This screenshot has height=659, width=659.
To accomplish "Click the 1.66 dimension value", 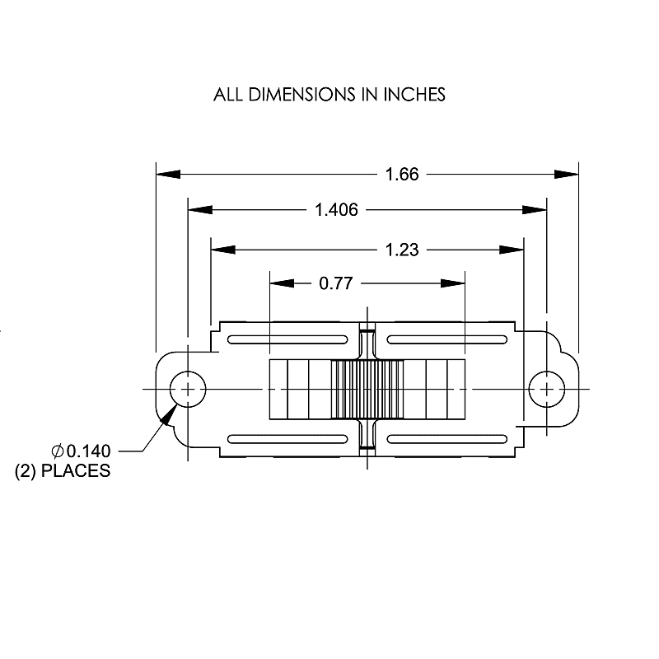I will click(x=403, y=174).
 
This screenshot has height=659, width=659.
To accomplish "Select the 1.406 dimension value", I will click(x=336, y=210).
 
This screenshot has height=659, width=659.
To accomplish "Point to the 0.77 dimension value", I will click(x=335, y=283).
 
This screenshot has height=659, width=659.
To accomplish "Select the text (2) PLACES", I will click(x=63, y=472).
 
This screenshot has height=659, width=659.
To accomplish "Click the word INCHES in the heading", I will click(x=413, y=95).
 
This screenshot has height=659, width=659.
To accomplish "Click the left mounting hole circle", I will click(x=188, y=388).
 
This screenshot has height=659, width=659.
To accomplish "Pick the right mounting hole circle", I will click(x=546, y=388).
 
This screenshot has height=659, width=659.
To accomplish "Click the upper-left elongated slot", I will click(x=287, y=339).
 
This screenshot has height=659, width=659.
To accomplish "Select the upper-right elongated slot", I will click(x=446, y=339).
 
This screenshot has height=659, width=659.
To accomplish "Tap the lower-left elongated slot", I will click(x=287, y=437).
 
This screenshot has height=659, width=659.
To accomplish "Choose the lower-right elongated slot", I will click(x=446, y=437).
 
